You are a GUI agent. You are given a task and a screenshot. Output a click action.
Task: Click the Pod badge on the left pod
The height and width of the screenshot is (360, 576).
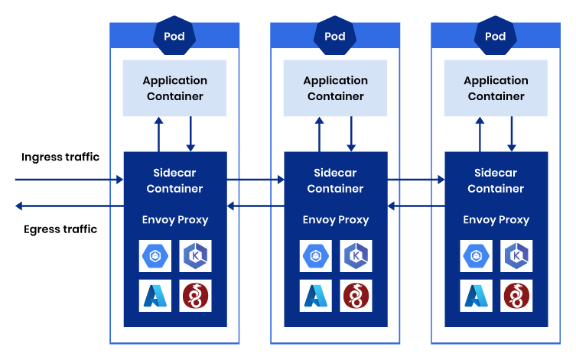pos(174,36)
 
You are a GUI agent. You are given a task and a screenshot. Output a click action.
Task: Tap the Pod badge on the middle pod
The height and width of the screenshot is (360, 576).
pos(335,36)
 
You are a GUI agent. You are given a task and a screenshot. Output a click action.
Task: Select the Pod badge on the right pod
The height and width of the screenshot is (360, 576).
pos(496,36)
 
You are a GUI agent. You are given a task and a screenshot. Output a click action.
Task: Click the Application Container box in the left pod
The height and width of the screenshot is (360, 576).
pos(174,89)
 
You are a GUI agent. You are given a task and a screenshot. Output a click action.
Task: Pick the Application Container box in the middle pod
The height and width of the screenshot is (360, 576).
pos(335,89)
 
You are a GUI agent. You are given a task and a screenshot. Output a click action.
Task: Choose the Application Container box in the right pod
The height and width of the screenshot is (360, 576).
pos(496,89)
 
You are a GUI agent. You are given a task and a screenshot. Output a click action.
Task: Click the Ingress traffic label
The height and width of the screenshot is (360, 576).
pos(61,157)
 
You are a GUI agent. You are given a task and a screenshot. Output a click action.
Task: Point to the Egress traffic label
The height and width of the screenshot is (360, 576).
pos(60,229)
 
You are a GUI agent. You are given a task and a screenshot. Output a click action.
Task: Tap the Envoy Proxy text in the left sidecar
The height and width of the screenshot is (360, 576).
pos(175,220)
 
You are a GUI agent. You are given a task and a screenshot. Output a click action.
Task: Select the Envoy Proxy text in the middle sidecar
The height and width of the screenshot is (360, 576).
pos(336,220)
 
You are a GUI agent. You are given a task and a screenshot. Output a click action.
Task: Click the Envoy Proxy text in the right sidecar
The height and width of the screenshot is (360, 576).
pos(496,220)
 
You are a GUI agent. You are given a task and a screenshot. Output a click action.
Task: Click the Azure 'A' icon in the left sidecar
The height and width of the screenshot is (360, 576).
pos(155,296)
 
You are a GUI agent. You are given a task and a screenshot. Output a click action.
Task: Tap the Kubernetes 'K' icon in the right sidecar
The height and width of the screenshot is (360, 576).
pos(516,255)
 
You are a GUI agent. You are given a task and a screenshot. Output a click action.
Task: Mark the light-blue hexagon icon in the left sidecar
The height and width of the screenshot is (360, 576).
pos(155,255)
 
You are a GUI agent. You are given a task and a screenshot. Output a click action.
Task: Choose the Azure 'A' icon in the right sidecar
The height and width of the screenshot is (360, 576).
pos(477,296)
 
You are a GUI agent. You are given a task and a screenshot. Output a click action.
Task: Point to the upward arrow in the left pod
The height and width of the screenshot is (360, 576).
pos(158,134)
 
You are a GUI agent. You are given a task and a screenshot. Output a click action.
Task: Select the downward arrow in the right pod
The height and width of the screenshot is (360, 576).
pos(512,134)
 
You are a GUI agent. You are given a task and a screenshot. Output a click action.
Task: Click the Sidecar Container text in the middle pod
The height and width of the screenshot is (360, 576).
pos(335,181)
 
